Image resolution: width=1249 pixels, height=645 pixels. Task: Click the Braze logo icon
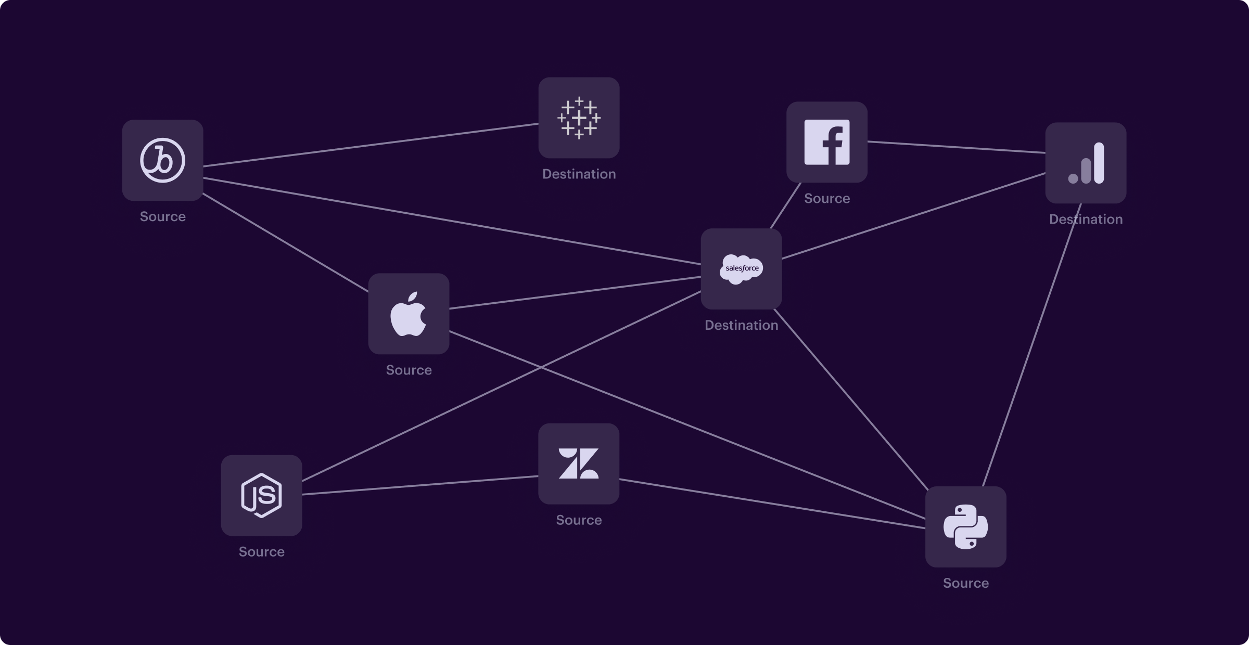(x=162, y=160)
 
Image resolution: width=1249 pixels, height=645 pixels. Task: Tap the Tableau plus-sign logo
(x=579, y=118)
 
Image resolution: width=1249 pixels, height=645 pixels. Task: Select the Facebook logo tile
(x=826, y=142)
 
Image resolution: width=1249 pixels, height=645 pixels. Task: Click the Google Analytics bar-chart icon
(x=1086, y=163)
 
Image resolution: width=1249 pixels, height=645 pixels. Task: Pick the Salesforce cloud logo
(x=741, y=269)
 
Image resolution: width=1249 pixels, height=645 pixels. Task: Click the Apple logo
(x=409, y=314)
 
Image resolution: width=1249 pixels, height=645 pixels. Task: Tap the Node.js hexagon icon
(x=261, y=495)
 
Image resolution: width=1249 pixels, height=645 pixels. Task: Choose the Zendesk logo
(x=579, y=463)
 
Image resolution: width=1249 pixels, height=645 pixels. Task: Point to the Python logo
(x=965, y=526)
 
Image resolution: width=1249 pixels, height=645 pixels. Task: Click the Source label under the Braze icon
(x=162, y=216)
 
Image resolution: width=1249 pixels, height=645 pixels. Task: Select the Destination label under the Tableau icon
(x=579, y=174)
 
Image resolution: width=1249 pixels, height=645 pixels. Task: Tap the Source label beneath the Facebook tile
(x=826, y=198)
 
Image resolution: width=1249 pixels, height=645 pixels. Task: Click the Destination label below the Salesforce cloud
(x=741, y=325)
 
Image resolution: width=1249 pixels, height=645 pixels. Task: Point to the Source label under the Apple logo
(x=409, y=370)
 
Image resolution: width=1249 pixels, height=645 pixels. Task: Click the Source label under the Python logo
(x=965, y=583)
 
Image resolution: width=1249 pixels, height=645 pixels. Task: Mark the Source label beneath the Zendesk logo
(x=579, y=520)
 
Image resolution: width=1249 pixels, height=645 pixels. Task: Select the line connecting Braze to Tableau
(x=371, y=145)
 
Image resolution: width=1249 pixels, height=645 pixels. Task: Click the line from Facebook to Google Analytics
(x=957, y=147)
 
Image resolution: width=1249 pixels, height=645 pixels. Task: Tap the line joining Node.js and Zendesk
(x=420, y=485)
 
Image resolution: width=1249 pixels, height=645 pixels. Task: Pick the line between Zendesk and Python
(x=772, y=504)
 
